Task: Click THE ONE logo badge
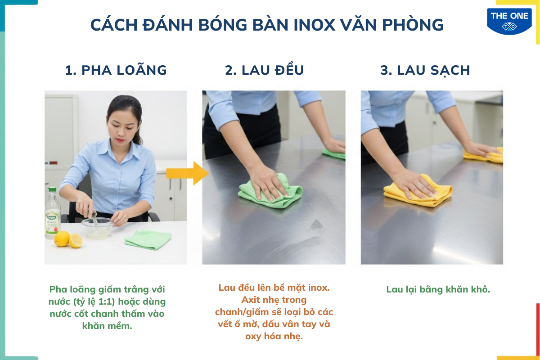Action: [x=509, y=21]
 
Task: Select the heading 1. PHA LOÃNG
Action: [x=116, y=70]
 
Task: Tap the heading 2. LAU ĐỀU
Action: [x=265, y=70]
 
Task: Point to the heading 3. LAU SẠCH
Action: [x=425, y=70]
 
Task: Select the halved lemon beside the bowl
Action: [x=76, y=240]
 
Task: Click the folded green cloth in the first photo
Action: [x=148, y=239]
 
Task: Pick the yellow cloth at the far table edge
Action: [x=484, y=155]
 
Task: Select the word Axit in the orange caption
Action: [x=255, y=300]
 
